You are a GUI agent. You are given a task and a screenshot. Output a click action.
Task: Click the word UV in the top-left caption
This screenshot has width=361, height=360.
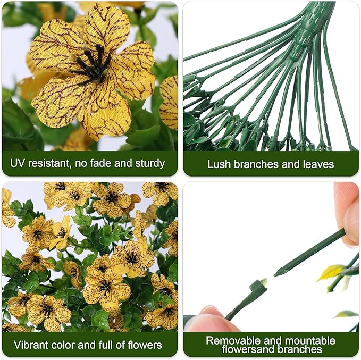[x=22, y=163]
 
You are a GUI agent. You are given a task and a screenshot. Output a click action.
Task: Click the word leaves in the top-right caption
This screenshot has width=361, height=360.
[x=320, y=164]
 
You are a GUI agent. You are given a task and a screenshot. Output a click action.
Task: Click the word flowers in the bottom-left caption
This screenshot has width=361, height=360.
[x=145, y=344]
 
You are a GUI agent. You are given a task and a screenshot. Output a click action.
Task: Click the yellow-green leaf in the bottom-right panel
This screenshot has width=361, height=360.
[x=330, y=273]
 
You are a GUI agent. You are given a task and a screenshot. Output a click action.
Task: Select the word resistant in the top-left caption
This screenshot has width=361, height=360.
[x=55, y=163]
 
